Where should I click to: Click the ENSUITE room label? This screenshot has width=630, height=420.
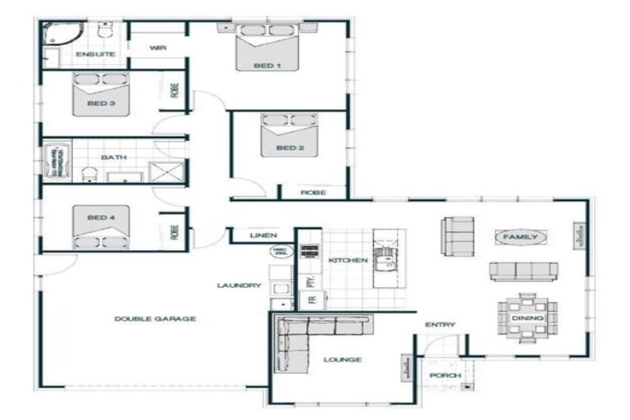click(x=95, y=54)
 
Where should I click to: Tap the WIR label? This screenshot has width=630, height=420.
click(x=158, y=48)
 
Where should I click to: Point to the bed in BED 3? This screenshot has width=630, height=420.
click(x=102, y=94)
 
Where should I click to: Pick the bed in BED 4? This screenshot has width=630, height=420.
click(x=102, y=229)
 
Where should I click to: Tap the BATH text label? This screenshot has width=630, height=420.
click(x=112, y=157)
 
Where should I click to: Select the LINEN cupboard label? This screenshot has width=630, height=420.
click(x=263, y=235)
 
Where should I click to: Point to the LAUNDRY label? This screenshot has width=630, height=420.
click(x=239, y=285)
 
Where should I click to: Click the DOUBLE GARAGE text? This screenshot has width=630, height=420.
click(x=154, y=318)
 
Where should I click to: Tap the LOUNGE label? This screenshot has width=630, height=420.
click(x=342, y=359)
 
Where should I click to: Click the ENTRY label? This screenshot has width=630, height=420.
click(x=440, y=325)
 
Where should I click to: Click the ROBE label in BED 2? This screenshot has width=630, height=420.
click(x=313, y=193)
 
